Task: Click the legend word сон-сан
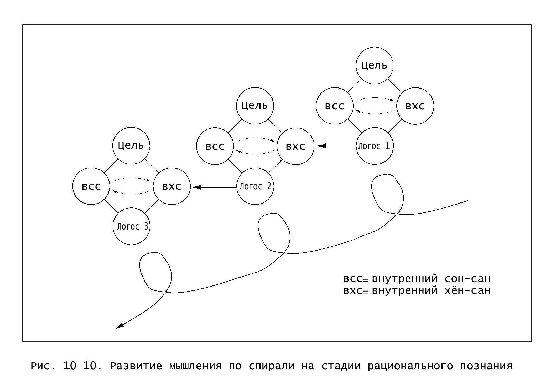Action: (x=467, y=279)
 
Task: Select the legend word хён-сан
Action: (x=467, y=290)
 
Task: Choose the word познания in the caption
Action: (x=486, y=366)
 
